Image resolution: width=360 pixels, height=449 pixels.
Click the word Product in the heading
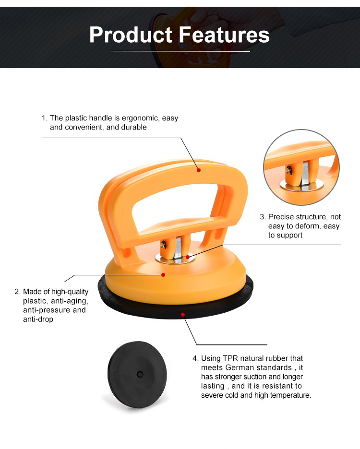[131, 35]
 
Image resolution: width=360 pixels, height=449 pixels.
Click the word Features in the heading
[225, 35]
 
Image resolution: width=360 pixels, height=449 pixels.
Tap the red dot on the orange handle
[199, 170]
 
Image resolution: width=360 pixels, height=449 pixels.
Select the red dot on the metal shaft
[188, 257]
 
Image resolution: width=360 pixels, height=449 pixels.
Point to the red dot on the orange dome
[163, 275]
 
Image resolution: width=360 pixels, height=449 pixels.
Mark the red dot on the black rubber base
[183, 315]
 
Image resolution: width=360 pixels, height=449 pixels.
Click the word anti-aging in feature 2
[70, 301]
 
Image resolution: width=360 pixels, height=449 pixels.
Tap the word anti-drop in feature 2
[38, 319]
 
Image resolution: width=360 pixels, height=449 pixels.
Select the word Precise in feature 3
[281, 217]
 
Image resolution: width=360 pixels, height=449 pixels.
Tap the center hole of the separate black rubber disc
[140, 374]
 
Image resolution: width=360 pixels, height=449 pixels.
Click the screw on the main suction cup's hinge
[164, 244]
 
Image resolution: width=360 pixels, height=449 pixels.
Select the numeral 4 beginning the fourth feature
[195, 358]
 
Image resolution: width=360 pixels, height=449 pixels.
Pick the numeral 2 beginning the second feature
[17, 292]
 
